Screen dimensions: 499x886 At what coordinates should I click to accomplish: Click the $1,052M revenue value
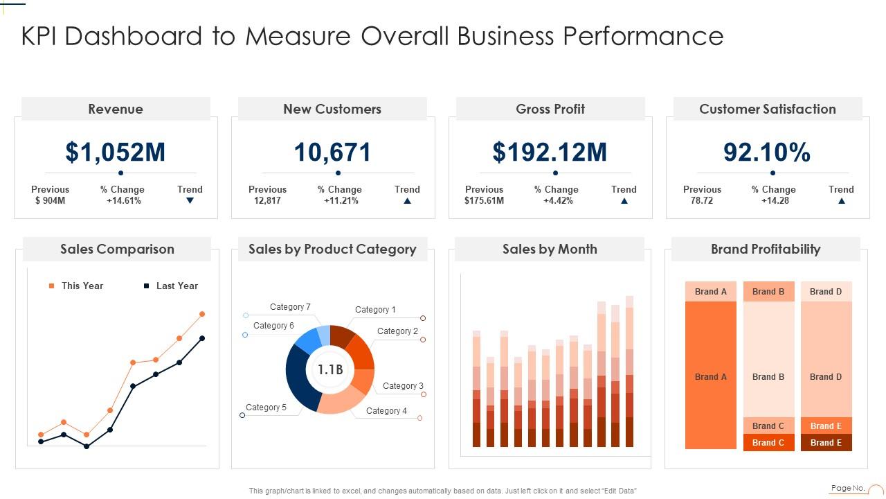tap(116, 152)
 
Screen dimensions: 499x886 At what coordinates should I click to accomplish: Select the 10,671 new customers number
tap(332, 152)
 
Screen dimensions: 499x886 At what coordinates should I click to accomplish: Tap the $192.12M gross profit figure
tap(550, 152)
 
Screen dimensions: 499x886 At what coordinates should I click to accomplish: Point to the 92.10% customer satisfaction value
tap(767, 152)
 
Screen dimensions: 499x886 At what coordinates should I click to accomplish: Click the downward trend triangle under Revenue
tap(190, 201)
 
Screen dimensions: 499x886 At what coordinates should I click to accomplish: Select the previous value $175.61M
tap(484, 201)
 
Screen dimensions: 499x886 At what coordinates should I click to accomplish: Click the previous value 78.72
tap(701, 201)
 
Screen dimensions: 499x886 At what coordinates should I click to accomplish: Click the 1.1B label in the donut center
tap(330, 370)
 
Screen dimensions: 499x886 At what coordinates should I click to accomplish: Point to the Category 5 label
tap(266, 408)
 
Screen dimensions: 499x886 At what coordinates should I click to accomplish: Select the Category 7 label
tap(290, 307)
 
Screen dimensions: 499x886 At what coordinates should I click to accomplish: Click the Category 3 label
tap(403, 386)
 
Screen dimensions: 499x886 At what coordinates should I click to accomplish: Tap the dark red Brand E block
tap(826, 443)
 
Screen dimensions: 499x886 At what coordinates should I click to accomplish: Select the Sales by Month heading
tap(550, 249)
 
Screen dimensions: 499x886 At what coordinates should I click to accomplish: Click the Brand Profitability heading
tap(766, 249)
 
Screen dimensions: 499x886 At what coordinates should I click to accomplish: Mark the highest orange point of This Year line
tap(202, 314)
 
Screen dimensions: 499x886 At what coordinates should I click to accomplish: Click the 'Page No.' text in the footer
tap(848, 488)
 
